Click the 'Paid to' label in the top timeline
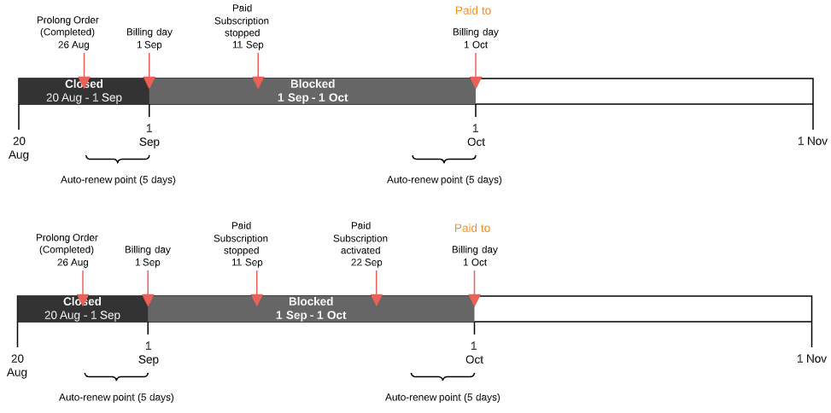473,11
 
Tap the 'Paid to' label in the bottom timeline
472,228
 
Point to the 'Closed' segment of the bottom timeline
82,308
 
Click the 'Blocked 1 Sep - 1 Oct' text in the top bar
313,91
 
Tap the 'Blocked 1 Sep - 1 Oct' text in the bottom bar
311,308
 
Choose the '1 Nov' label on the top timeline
812,142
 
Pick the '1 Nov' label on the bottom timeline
811,359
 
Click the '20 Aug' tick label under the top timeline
19,148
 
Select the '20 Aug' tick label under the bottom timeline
17,365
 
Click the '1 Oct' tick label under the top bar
476,136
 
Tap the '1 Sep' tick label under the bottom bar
148,352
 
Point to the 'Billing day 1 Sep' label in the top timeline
149,38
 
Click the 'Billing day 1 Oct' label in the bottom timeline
475,256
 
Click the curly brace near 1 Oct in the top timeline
442,160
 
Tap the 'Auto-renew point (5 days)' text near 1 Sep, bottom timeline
116,398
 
